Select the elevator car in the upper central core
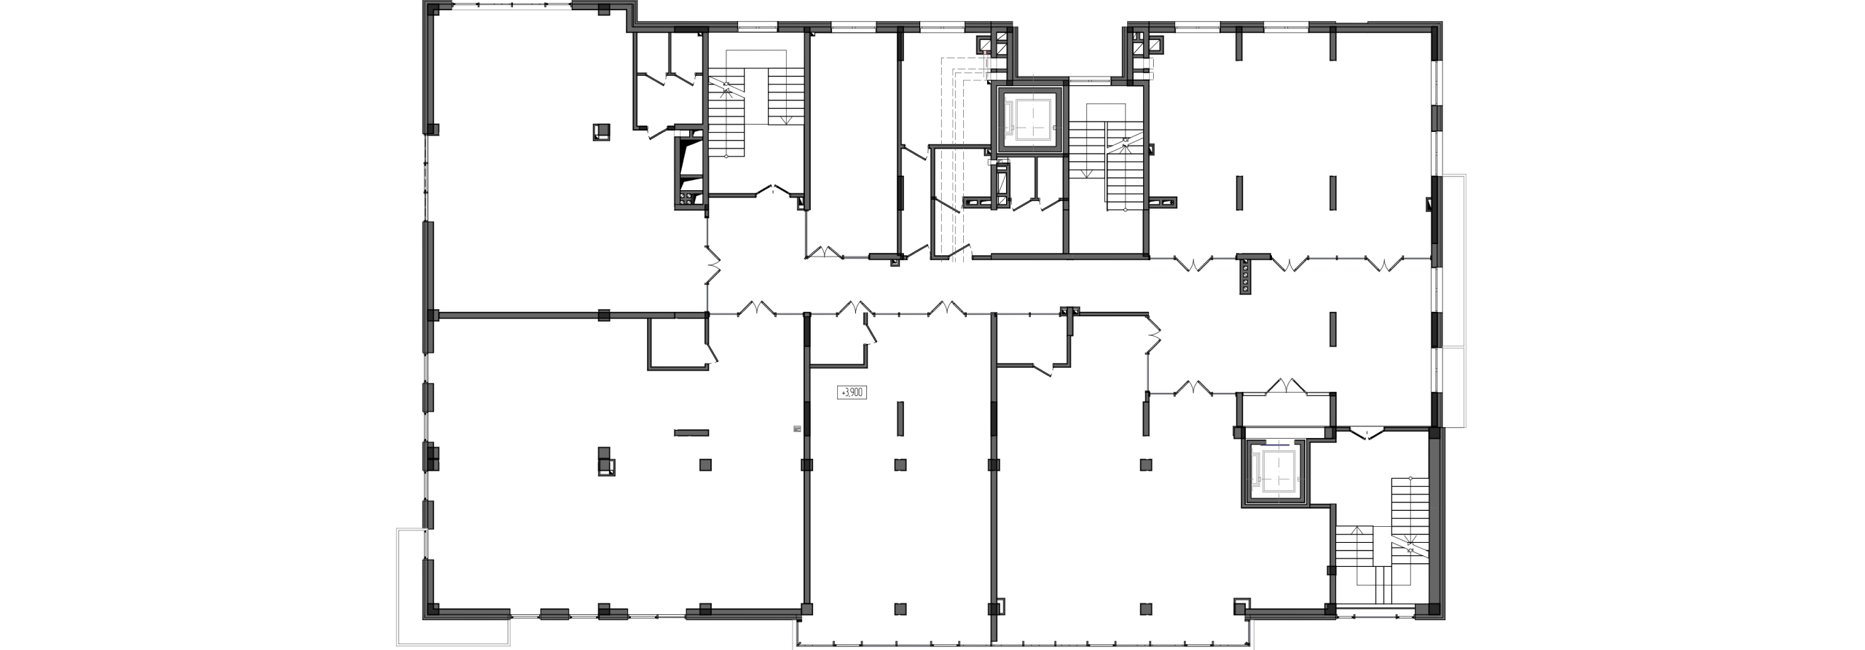click(x=1029, y=122)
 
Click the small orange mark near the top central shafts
click(x=984, y=52)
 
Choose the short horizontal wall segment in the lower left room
click(x=181, y=433)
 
